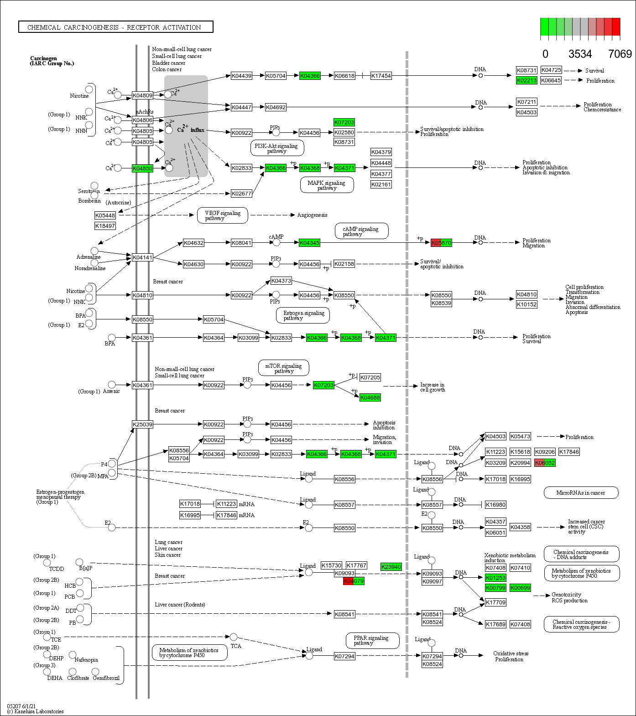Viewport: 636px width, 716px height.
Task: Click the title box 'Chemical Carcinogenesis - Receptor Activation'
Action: tap(115, 27)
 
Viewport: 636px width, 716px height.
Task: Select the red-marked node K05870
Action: tap(441, 243)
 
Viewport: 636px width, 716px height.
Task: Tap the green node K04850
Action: tap(142, 168)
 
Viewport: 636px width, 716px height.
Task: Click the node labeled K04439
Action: tap(241, 76)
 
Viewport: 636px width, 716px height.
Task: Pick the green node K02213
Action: tap(527, 80)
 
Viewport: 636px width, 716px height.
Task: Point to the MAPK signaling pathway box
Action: tap(327, 185)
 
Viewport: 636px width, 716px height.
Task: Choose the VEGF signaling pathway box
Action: tap(223, 215)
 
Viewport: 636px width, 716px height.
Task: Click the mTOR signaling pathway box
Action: tap(284, 368)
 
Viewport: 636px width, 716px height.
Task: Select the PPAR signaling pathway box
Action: tap(372, 640)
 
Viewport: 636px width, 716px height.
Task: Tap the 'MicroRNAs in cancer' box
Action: tap(581, 493)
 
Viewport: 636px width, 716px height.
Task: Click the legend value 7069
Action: tap(620, 54)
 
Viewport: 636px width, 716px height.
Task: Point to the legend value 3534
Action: tap(580, 54)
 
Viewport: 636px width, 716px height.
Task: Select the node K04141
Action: tap(142, 257)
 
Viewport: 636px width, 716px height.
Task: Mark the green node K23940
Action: tap(391, 567)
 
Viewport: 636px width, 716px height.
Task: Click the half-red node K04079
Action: tap(354, 581)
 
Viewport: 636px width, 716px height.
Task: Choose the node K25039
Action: tap(142, 424)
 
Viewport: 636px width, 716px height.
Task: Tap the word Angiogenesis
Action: tap(312, 215)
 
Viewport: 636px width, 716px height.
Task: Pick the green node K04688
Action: tap(370, 397)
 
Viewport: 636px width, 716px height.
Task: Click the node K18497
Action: tap(105, 226)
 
